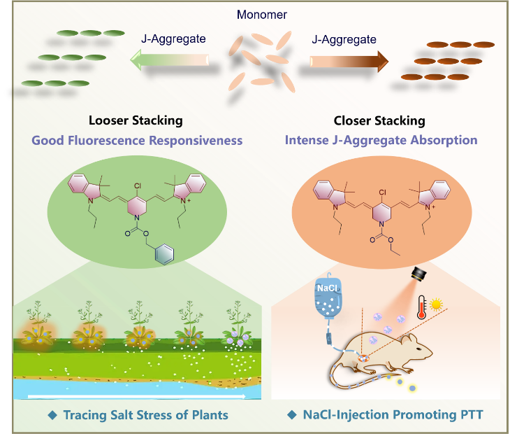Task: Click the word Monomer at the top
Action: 261,15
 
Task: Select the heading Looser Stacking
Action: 136,120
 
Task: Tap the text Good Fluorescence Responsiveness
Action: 137,140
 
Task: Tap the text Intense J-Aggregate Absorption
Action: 381,140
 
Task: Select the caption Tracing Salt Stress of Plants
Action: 138,415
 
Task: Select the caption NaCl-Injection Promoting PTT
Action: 386,415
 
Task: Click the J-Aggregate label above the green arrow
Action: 173,39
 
